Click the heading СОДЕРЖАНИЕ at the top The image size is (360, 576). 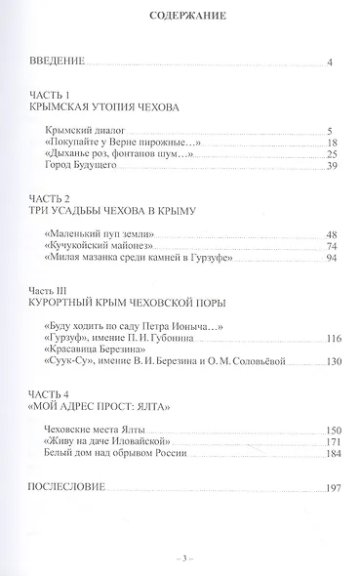[x=180, y=16]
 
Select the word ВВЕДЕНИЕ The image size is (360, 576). [x=55, y=63]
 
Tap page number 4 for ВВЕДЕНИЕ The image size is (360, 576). [x=331, y=64]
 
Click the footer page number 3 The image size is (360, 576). [x=180, y=558]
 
